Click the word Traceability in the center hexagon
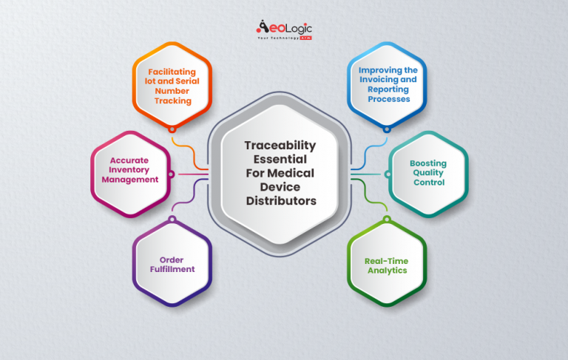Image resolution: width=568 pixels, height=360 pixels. (x=280, y=145)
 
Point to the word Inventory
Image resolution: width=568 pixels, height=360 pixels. (x=134, y=169)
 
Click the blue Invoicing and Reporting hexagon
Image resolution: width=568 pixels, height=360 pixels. (x=387, y=84)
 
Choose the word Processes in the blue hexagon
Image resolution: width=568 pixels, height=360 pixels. (x=387, y=98)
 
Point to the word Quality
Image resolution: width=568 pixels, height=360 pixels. (x=429, y=173)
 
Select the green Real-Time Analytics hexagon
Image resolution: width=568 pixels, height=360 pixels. (x=387, y=265)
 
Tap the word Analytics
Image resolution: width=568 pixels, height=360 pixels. (x=387, y=271)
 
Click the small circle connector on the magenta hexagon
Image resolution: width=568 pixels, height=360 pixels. (x=172, y=174)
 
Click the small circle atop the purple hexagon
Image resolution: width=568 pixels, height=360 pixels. (x=172, y=219)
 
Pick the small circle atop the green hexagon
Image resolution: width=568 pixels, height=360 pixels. (x=387, y=219)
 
